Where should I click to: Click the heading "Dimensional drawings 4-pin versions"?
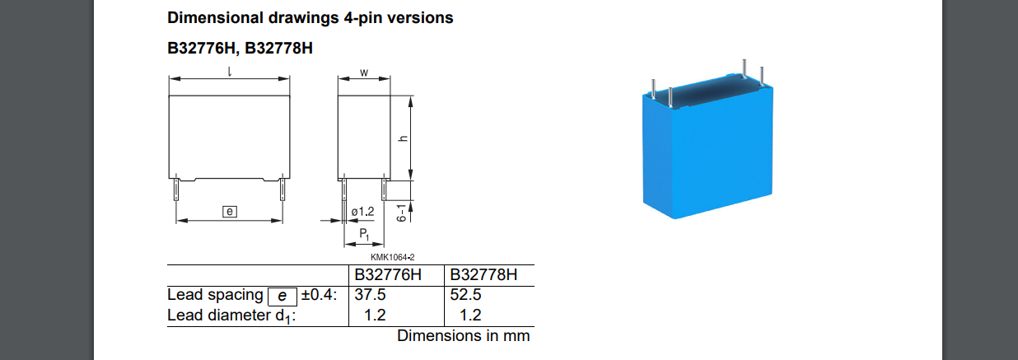point(310,18)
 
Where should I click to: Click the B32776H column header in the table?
point(388,275)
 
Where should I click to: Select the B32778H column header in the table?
point(483,275)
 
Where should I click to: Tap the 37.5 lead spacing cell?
point(370,295)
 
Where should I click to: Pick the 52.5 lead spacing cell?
point(465,295)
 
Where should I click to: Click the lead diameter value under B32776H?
point(375,315)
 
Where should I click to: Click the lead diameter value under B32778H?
point(470,315)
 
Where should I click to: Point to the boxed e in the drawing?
point(230,212)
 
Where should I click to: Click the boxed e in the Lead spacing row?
point(283,297)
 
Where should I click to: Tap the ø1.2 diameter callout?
point(362,212)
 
